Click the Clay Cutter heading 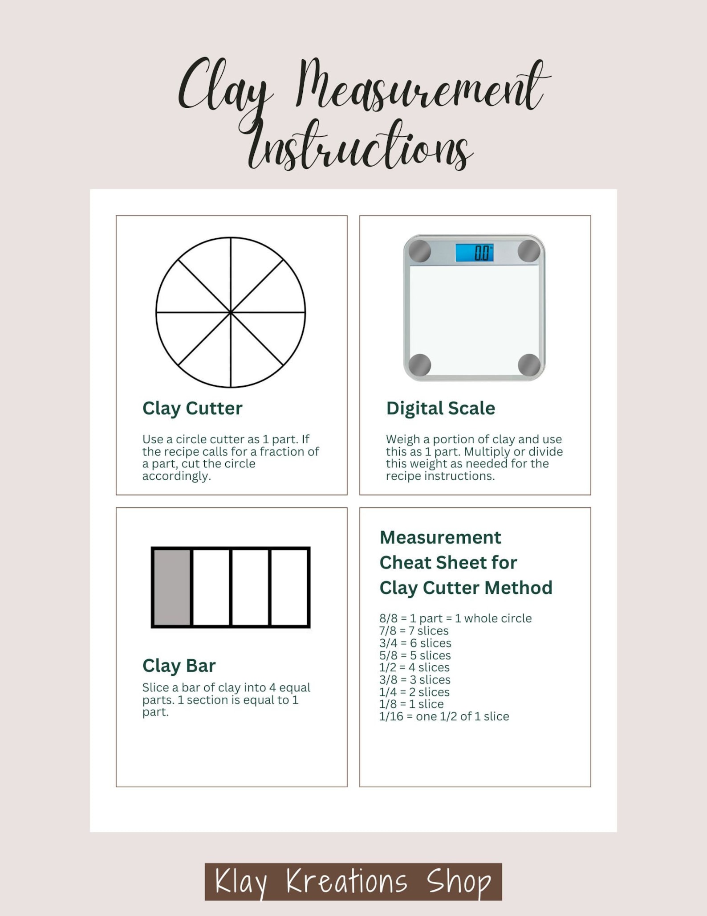(x=192, y=408)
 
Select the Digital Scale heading (x=440, y=408)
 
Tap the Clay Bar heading (x=179, y=666)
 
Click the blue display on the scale (x=474, y=253)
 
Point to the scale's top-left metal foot (x=420, y=251)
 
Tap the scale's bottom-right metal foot (x=529, y=365)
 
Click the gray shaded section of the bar (x=172, y=587)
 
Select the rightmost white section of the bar (x=289, y=587)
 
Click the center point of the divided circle (x=231, y=312)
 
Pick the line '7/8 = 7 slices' (x=414, y=631)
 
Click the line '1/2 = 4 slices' (x=414, y=667)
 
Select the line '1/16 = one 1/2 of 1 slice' (x=444, y=716)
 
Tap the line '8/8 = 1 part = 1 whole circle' (x=455, y=618)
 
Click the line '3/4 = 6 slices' (x=415, y=643)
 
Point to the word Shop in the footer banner (x=459, y=882)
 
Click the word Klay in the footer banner (x=241, y=882)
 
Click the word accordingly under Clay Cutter (x=176, y=476)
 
